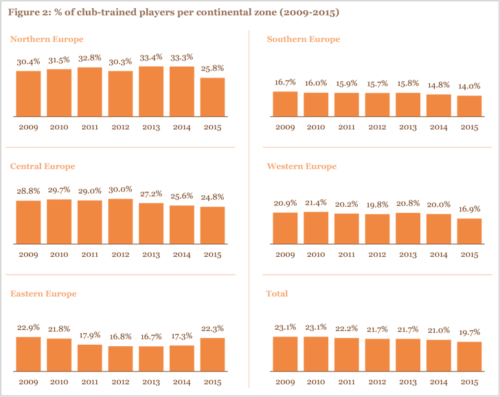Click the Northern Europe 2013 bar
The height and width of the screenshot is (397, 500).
point(151,91)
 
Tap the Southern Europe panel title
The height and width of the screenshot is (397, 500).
point(303,39)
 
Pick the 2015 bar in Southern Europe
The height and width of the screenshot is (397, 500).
point(469,106)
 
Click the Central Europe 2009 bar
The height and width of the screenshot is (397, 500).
point(28,222)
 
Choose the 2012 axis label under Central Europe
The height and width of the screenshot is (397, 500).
point(120,254)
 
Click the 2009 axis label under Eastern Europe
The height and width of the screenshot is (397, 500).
point(28,381)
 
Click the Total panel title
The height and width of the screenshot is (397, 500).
point(277,293)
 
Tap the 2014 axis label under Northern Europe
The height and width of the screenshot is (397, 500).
point(181,127)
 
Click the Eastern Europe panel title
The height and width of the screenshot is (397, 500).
point(43,293)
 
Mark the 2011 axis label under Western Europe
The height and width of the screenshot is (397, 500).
point(346,254)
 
